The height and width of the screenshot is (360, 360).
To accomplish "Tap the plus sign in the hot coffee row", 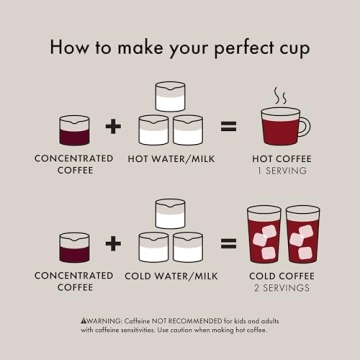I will tap(113, 126).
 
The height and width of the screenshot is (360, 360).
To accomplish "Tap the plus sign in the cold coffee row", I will tap(113, 242).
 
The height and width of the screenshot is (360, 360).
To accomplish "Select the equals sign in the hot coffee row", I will tap(228, 126).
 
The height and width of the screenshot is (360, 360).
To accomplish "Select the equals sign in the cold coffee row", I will tap(228, 242).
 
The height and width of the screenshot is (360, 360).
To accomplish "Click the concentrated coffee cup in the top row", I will tap(74, 130).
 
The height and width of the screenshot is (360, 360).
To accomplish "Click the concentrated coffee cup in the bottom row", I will tap(74, 247).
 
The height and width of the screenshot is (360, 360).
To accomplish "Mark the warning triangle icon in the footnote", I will tap(84, 318).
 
